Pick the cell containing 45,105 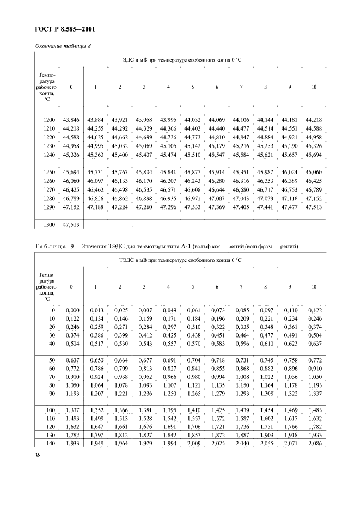(168, 146)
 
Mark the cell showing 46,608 (192, 189)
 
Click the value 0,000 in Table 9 (71, 310)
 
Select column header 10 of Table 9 (313, 286)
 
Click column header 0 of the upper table (71, 87)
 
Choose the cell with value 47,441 (265, 207)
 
